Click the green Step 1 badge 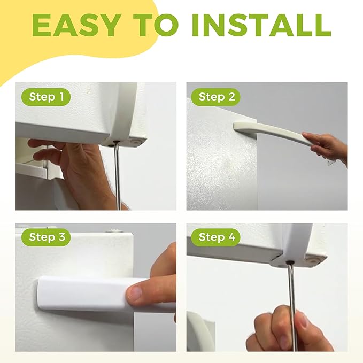point(45,97)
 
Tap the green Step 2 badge point(217,97)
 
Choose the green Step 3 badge point(46,237)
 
